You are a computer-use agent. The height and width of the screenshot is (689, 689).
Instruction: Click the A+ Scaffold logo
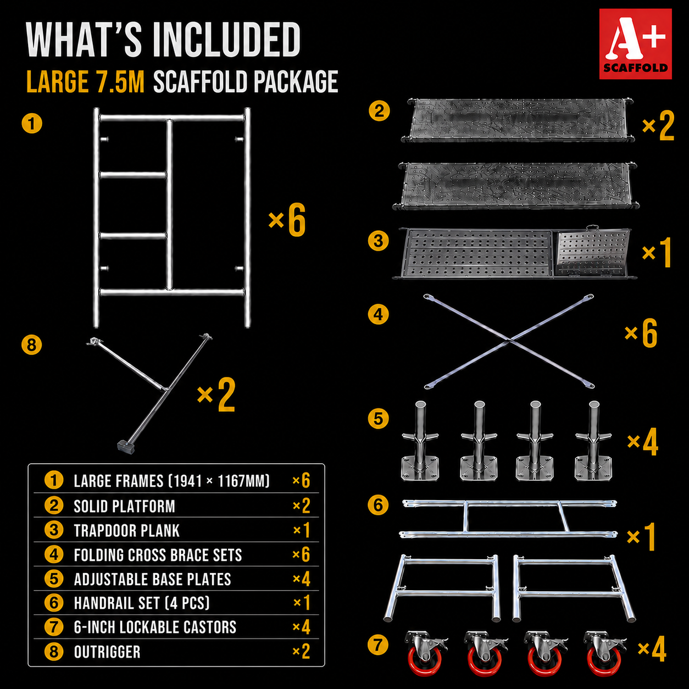pyautogui.click(x=635, y=43)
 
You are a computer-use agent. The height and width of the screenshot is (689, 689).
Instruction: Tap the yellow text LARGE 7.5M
pyautogui.click(x=86, y=82)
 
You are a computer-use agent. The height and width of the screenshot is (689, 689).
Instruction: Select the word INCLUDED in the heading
pyautogui.click(x=227, y=40)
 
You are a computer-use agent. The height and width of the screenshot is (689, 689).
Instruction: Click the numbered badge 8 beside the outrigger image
pyautogui.click(x=31, y=345)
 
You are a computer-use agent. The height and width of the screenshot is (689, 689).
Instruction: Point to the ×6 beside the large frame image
pyautogui.click(x=287, y=220)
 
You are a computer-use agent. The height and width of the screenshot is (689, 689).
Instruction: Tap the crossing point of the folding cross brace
pyautogui.click(x=509, y=341)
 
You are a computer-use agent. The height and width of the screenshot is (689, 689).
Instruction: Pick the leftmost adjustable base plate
pyautogui.click(x=420, y=441)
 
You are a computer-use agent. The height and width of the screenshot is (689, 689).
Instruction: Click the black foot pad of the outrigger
pyautogui.click(x=125, y=447)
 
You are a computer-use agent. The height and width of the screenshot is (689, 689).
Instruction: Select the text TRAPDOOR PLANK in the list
pyautogui.click(x=126, y=531)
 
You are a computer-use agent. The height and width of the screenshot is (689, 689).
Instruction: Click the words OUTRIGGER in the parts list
pyautogui.click(x=107, y=652)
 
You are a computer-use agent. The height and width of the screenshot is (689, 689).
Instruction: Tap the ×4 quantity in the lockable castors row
pyautogui.click(x=301, y=627)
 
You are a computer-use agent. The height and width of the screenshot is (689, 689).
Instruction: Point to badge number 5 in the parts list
pyautogui.click(x=54, y=579)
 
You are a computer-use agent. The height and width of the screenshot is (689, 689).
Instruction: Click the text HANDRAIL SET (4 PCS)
pyautogui.click(x=142, y=603)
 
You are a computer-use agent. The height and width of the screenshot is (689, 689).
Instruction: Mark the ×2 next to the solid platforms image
pyautogui.click(x=658, y=125)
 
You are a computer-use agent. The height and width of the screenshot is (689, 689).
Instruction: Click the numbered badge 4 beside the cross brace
pyautogui.click(x=378, y=315)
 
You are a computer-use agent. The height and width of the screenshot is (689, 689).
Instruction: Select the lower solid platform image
pyautogui.click(x=515, y=186)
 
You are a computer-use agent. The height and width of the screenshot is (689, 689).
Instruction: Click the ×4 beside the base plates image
pyautogui.click(x=643, y=442)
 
